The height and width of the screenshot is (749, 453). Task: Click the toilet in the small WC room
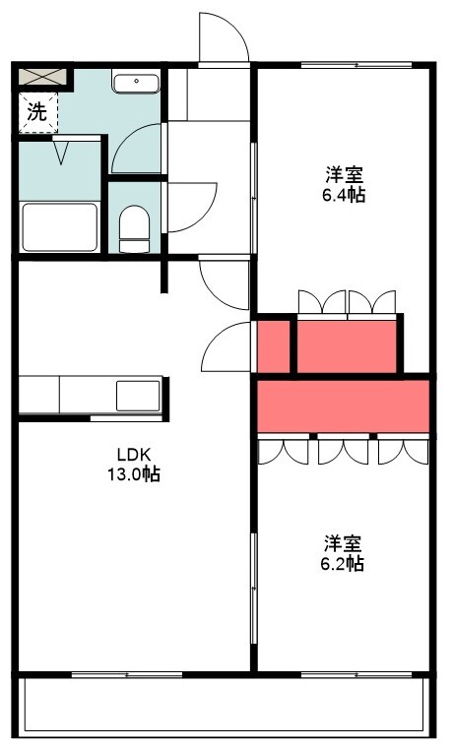134,228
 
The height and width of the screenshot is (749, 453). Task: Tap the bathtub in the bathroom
60,227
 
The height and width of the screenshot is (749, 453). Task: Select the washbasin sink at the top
136,82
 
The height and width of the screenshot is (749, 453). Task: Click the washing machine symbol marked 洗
38,112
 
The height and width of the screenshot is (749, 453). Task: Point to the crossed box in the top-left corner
42,77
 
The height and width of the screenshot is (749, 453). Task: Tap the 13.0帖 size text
134,474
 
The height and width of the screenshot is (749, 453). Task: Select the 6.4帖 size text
344,195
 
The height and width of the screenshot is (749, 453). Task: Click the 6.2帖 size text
342,564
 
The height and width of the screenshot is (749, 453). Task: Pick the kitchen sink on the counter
138,396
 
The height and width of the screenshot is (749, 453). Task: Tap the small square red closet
274,346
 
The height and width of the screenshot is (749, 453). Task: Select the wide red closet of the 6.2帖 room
343,406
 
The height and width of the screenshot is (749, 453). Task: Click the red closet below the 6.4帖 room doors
347,346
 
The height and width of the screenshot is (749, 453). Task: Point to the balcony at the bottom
224,705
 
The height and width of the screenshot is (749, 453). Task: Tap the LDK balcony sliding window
127,674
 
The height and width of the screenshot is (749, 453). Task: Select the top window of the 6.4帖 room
356,65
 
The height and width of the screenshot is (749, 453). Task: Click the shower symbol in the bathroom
61,151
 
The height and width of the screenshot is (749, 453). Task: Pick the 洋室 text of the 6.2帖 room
342,543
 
